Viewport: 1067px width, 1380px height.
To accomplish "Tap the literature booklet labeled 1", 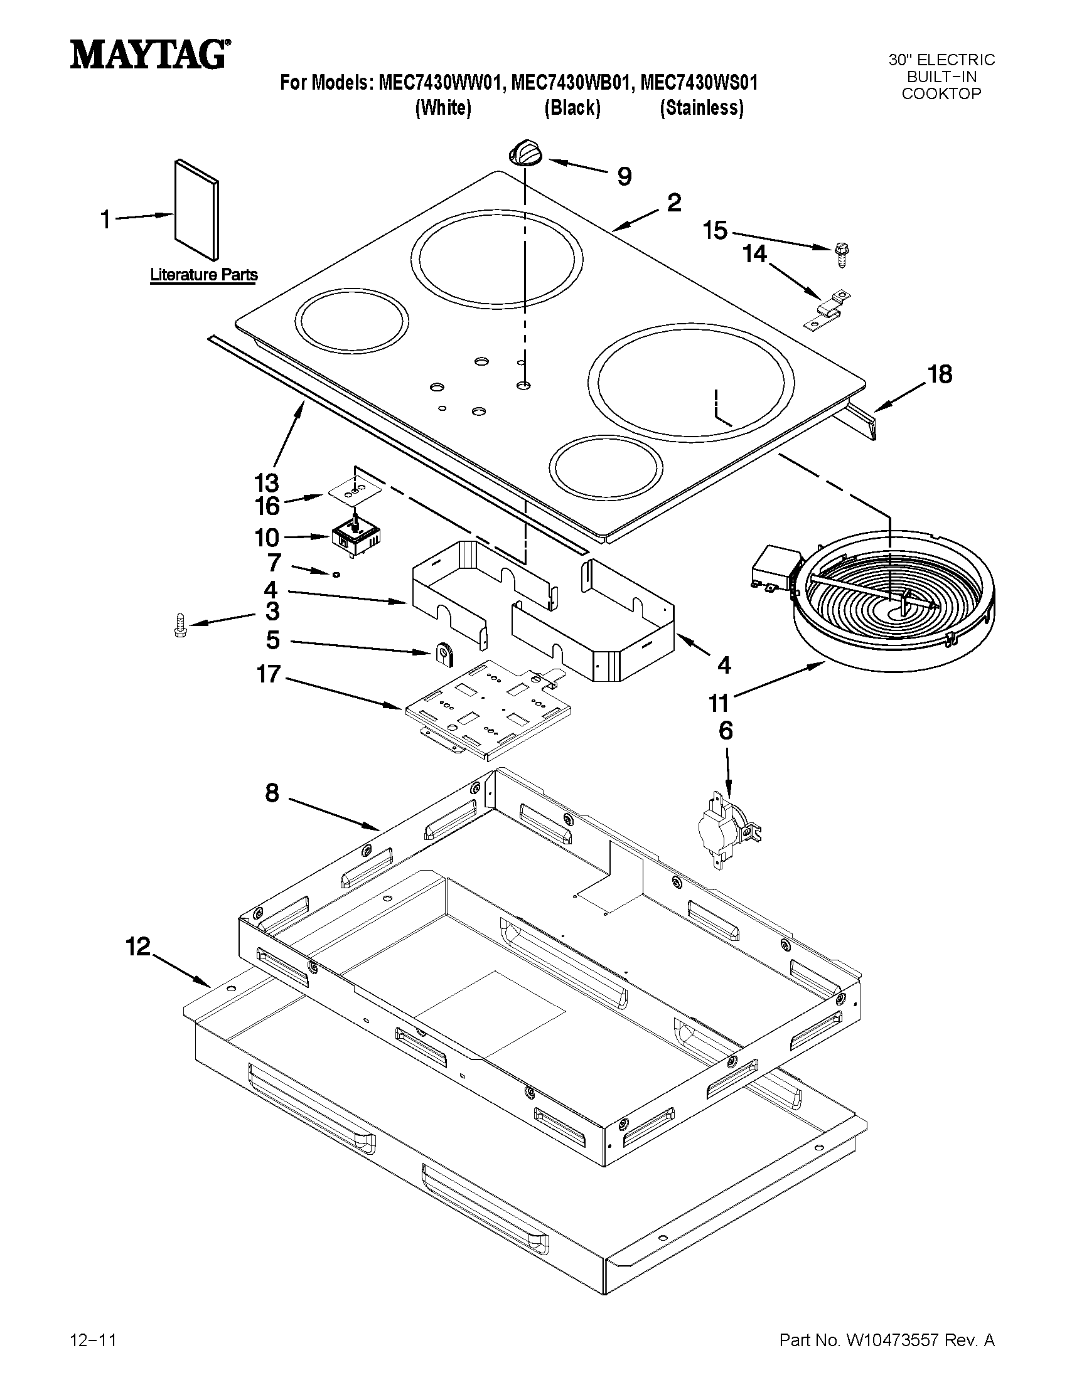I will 196,209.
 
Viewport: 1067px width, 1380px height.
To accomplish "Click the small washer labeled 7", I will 337,573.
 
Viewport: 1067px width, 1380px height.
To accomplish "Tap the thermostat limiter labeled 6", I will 727,829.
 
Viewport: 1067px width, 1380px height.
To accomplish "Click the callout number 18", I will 940,374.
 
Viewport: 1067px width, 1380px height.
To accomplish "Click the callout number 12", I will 138,947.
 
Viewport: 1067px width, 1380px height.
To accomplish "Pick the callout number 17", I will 269,675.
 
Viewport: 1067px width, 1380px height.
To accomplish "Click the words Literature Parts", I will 203,275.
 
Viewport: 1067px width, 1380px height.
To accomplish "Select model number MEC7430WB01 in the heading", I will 571,83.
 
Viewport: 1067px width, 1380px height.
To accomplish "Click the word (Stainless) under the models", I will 701,108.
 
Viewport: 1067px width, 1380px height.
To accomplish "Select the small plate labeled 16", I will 355,491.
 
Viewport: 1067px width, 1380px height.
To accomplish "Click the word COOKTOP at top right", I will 941,94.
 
